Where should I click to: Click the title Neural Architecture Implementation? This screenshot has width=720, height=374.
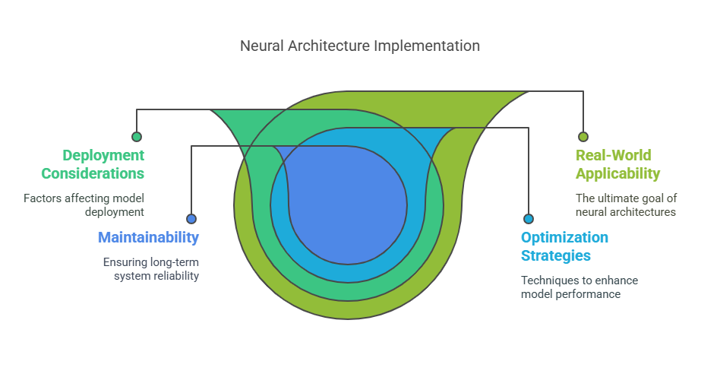click(x=359, y=46)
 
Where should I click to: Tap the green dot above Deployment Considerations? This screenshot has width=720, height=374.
click(x=137, y=137)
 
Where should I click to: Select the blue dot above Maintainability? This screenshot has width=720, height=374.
click(x=191, y=219)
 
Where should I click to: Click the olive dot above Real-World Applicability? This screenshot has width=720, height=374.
click(x=583, y=137)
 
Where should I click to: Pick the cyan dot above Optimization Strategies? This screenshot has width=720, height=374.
click(x=529, y=219)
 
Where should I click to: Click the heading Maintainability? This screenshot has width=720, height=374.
click(x=148, y=237)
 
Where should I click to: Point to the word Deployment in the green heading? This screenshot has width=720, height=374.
click(x=103, y=155)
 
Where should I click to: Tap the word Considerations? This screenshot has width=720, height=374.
click(x=93, y=173)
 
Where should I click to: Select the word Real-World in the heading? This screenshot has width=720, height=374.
click(x=614, y=155)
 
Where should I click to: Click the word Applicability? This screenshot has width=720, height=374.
click(x=618, y=173)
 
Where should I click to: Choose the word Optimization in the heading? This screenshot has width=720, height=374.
click(x=565, y=237)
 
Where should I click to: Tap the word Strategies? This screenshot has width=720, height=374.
click(x=556, y=255)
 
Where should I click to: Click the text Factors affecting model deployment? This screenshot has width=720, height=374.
click(x=84, y=205)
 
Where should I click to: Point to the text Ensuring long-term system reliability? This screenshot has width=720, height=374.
click(x=151, y=269)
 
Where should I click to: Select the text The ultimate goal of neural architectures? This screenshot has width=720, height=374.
click(x=627, y=205)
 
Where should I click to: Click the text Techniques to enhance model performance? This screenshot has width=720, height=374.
click(x=579, y=287)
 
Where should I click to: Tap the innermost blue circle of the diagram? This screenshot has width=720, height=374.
click(x=348, y=205)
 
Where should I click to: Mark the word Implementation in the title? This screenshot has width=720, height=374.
click(x=427, y=46)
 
